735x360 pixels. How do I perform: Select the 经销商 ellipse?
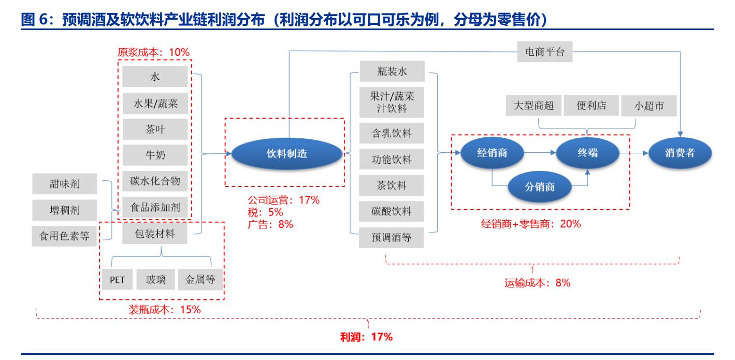pyautogui.click(x=492, y=153)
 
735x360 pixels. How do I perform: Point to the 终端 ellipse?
pyautogui.click(x=587, y=153)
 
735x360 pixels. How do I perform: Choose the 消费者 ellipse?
pyautogui.click(x=680, y=153)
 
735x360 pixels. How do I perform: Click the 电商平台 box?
pyautogui.click(x=544, y=52)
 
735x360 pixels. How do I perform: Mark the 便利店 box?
pyautogui.click(x=590, y=106)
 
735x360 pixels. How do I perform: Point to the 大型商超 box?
pyautogui.click(x=534, y=106)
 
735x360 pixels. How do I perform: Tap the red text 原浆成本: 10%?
pyautogui.click(x=154, y=52)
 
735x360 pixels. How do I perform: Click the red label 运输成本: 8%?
pyautogui.click(x=537, y=283)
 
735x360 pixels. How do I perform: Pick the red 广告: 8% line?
pyautogui.click(x=270, y=224)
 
